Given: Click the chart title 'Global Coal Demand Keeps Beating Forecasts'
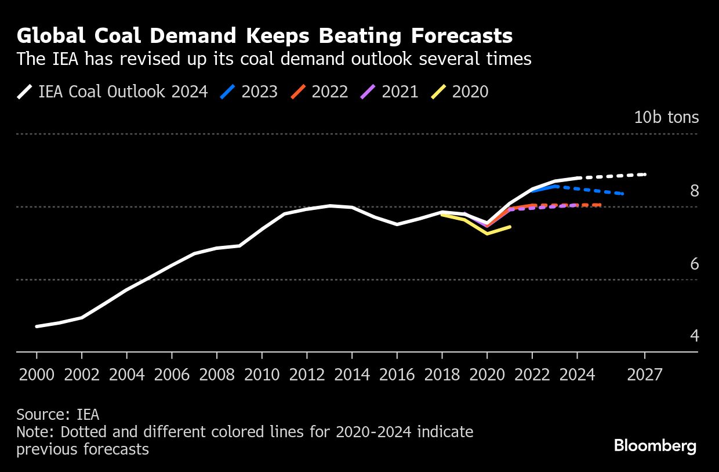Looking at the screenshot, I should [264, 36].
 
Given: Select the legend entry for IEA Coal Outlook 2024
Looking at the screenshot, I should [112, 92].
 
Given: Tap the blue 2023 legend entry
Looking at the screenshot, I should [249, 92].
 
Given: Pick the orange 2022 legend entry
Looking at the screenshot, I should [320, 92].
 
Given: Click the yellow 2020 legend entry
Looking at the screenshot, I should [460, 92].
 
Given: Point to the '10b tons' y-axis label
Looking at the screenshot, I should [666, 117].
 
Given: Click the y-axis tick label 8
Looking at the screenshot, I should [694, 191].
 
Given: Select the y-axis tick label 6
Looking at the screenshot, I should [694, 264].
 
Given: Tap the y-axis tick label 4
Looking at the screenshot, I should [694, 336].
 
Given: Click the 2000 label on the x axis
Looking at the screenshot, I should [37, 375].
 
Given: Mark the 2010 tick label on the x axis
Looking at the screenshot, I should [262, 375].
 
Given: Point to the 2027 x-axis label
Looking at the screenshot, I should [644, 375].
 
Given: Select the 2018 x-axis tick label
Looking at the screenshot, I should [442, 375].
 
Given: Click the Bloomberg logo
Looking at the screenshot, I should [655, 446].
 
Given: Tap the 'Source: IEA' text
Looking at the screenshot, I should [58, 415].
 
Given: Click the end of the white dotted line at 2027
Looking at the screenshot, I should [645, 174].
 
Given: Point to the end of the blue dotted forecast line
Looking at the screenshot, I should [622, 194].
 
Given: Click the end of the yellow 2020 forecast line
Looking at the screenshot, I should [510, 227].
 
